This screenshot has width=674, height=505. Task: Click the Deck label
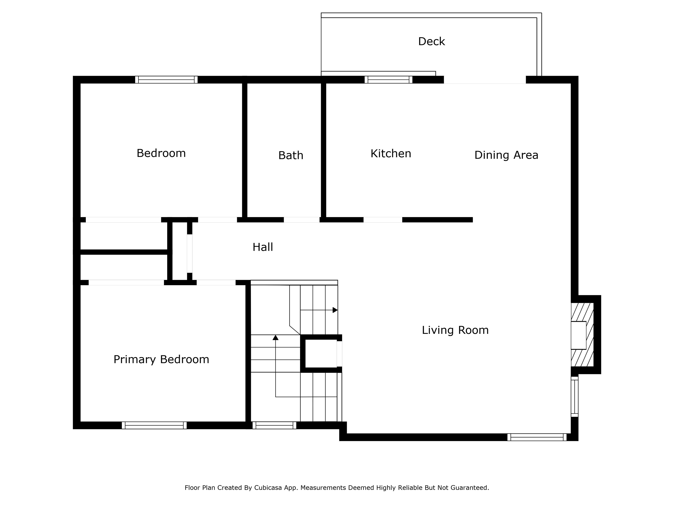[432, 41]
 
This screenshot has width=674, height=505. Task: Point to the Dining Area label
[506, 155]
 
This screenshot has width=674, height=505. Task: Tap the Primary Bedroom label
[161, 359]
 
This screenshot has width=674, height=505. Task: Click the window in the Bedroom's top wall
[166, 80]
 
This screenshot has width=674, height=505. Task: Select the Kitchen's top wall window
[389, 80]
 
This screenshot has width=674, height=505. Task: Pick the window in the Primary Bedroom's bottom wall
[154, 425]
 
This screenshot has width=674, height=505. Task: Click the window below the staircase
[274, 425]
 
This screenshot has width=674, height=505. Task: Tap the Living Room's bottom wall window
[537, 437]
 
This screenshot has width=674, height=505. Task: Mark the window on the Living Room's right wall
[574, 397]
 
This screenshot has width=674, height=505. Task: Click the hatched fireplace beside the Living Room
[582, 335]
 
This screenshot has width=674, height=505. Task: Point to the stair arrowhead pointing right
[335, 310]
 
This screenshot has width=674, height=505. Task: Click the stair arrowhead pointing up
[275, 338]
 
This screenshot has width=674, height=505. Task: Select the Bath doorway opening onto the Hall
[302, 220]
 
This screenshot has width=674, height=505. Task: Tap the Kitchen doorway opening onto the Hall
[383, 220]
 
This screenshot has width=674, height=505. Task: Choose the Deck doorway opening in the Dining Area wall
[485, 80]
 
